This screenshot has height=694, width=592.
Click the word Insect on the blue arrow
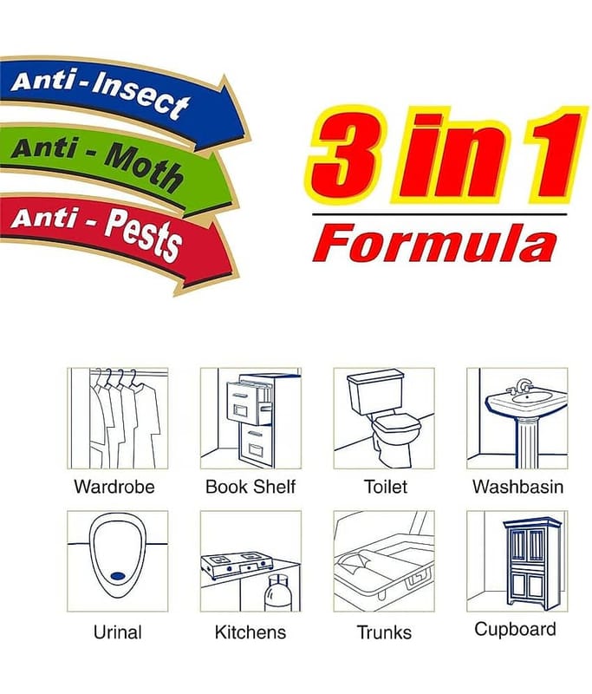140,96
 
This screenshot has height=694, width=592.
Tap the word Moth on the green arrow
144,167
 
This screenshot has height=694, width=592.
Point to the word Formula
434,243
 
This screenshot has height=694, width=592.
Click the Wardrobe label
114,487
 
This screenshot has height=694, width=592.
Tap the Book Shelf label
250,487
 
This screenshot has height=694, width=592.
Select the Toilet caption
385,487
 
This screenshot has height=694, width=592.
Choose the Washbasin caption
517,487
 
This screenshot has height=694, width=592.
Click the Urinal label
118,632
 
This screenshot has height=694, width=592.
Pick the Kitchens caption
250,632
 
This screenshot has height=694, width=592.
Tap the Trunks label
384,632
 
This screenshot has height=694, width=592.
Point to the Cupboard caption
515,629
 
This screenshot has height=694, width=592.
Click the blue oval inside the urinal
118,575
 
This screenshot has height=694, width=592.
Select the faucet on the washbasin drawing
520,386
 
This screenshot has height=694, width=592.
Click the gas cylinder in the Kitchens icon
278,593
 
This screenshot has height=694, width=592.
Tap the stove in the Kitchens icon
236,566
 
